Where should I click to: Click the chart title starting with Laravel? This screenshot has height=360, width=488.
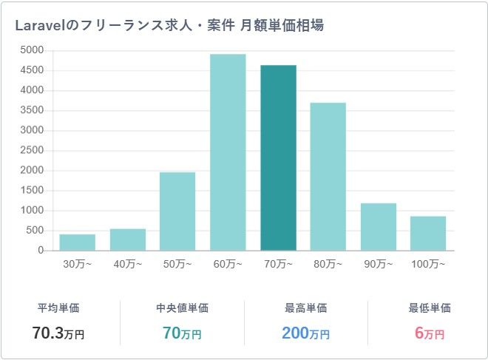pyautogui.click(x=169, y=25)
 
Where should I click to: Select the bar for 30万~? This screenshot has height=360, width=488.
pyautogui.click(x=77, y=242)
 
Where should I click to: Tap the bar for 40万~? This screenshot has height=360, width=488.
pyautogui.click(x=127, y=240)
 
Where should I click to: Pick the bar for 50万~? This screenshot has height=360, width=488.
pyautogui.click(x=177, y=211)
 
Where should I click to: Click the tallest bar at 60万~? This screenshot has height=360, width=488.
pyautogui.click(x=228, y=152)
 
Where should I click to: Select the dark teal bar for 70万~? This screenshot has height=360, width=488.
pyautogui.click(x=278, y=158)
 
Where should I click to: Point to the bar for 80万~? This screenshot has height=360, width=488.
pyautogui.click(x=328, y=177)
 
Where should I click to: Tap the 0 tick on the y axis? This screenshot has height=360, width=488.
pyautogui.click(x=41, y=251)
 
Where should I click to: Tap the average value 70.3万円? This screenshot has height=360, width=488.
pyautogui.click(x=58, y=333)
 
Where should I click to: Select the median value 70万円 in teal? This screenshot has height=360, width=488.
pyautogui.click(x=182, y=333)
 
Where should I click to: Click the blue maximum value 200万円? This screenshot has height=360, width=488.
pyautogui.click(x=305, y=333)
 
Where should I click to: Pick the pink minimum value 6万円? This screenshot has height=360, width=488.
pyautogui.click(x=430, y=333)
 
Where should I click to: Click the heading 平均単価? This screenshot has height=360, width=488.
pyautogui.click(x=58, y=308)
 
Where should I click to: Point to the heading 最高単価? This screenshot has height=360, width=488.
pyautogui.click(x=305, y=308)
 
